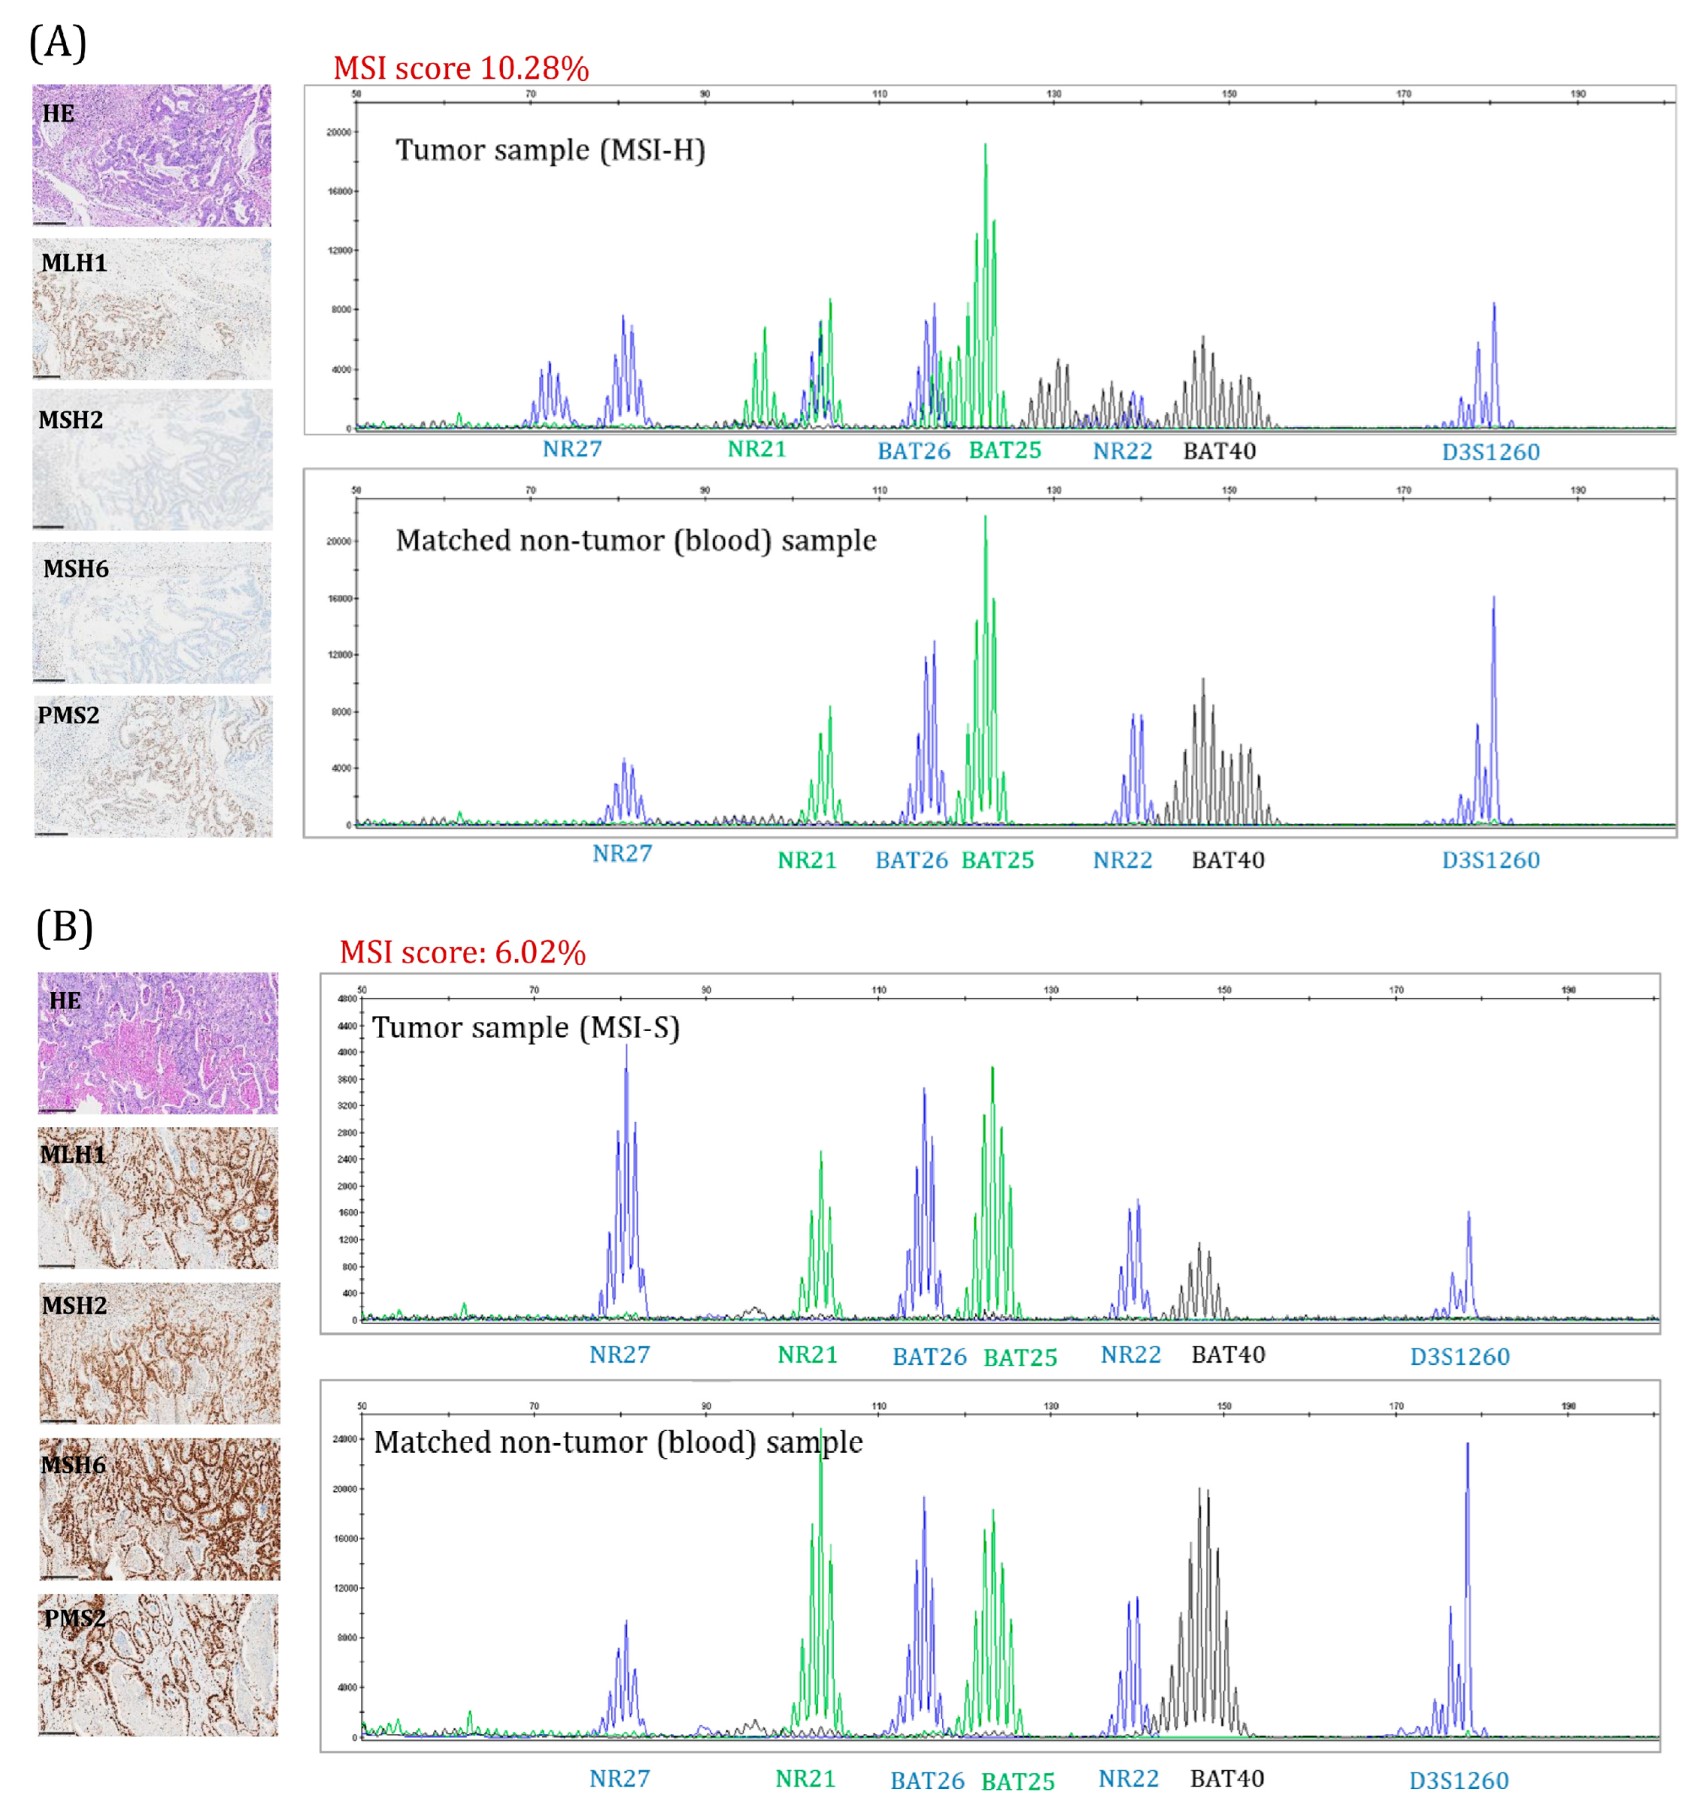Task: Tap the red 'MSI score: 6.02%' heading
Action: point(462,953)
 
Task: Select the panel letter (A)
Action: point(59,42)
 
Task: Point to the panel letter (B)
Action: point(64,927)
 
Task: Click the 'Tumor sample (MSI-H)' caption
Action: point(550,150)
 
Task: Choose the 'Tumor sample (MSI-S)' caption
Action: point(526,1028)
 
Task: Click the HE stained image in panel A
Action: point(152,156)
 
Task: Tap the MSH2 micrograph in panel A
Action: point(152,459)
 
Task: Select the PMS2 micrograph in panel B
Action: point(158,1666)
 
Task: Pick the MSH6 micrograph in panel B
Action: point(159,1510)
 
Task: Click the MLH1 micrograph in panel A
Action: point(152,309)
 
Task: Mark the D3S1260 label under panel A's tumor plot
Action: point(1490,452)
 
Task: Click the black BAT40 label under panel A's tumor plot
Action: point(1219,451)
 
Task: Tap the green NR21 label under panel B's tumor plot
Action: point(808,1355)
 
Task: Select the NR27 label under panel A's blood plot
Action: point(622,854)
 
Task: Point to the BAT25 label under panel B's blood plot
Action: point(1017,1781)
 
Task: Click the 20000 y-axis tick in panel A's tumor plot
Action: point(338,132)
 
